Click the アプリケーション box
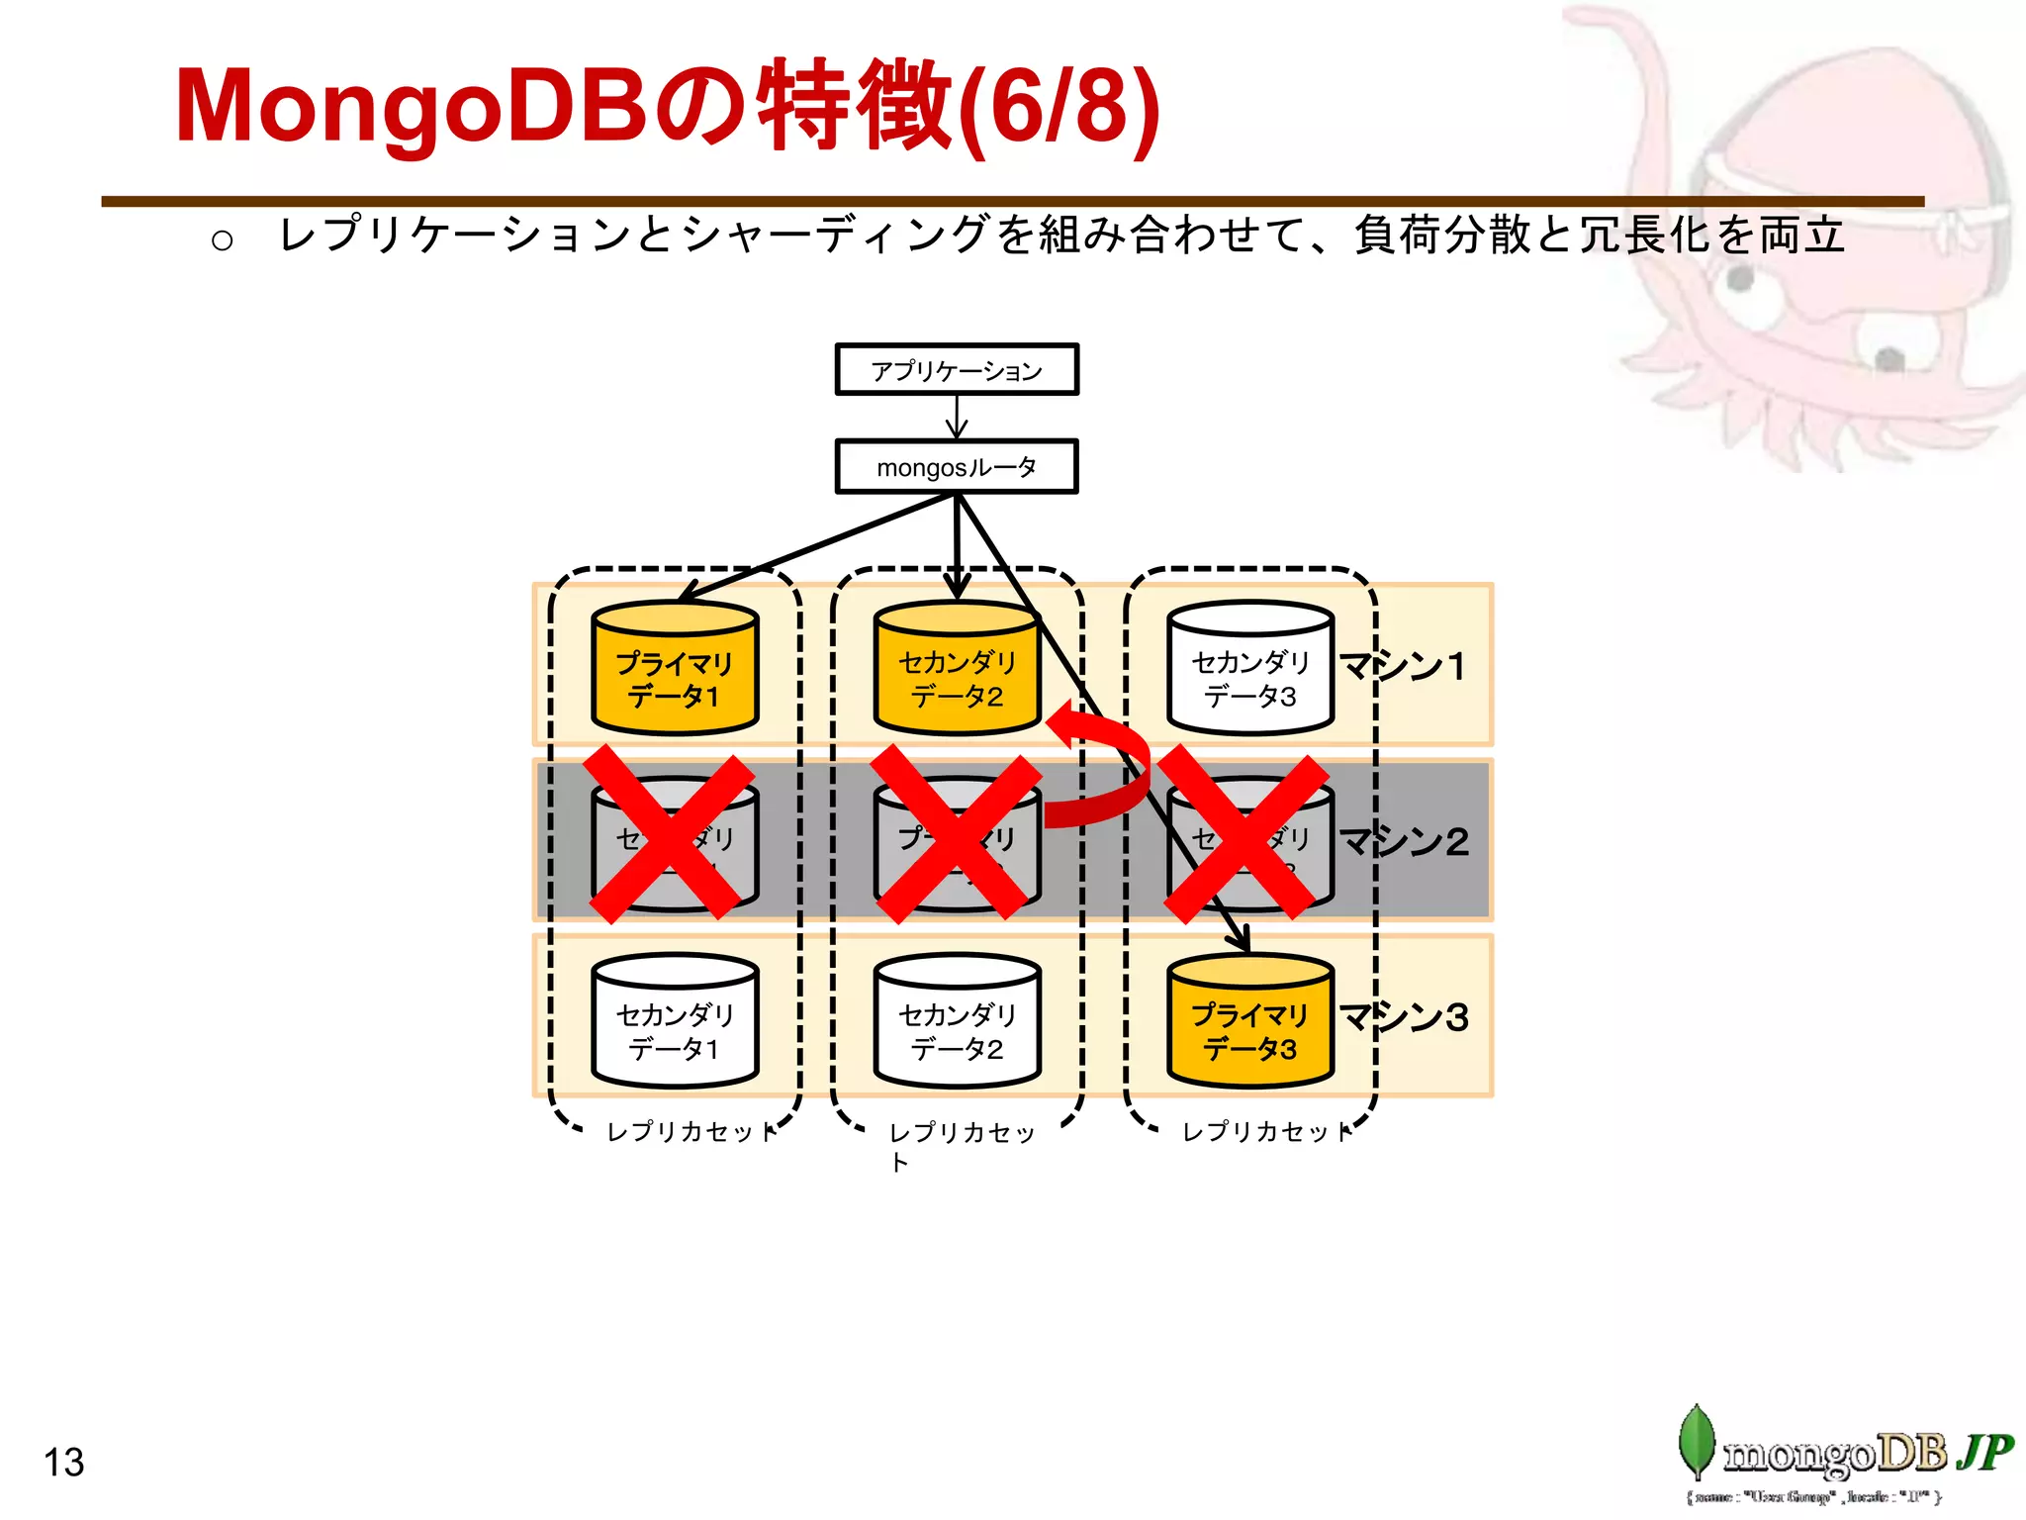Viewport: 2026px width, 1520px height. [956, 370]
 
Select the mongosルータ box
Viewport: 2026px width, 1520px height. [956, 467]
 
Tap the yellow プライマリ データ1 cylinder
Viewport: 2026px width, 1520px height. [675, 670]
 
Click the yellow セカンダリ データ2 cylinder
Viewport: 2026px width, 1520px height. [957, 670]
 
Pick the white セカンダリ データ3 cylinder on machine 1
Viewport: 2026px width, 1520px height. [1249, 670]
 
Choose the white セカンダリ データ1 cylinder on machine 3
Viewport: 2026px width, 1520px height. [675, 1022]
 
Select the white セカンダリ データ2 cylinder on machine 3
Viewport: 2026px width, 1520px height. [957, 1022]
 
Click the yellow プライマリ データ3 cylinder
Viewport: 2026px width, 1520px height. [1249, 1022]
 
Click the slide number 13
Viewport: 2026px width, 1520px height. [64, 1462]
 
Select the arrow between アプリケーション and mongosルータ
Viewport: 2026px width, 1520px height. [957, 417]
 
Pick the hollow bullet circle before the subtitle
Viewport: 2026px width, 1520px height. [223, 240]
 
